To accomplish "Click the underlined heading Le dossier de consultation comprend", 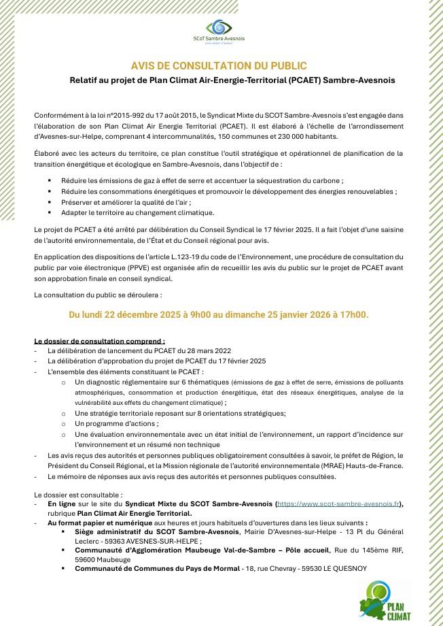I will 99,340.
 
